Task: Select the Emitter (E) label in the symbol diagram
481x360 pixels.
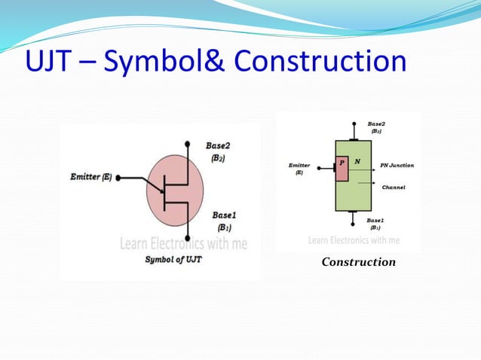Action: [90, 177]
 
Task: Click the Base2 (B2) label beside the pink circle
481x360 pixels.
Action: [220, 151]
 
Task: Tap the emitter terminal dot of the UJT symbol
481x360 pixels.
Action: [118, 178]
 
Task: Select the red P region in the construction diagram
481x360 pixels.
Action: [342, 169]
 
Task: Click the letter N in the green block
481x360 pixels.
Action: [357, 161]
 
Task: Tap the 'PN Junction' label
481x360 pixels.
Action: [397, 165]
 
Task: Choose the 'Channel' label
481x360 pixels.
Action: [394, 187]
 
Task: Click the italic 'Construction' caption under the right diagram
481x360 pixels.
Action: [358, 262]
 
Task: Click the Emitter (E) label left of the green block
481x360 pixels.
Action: [299, 168]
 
